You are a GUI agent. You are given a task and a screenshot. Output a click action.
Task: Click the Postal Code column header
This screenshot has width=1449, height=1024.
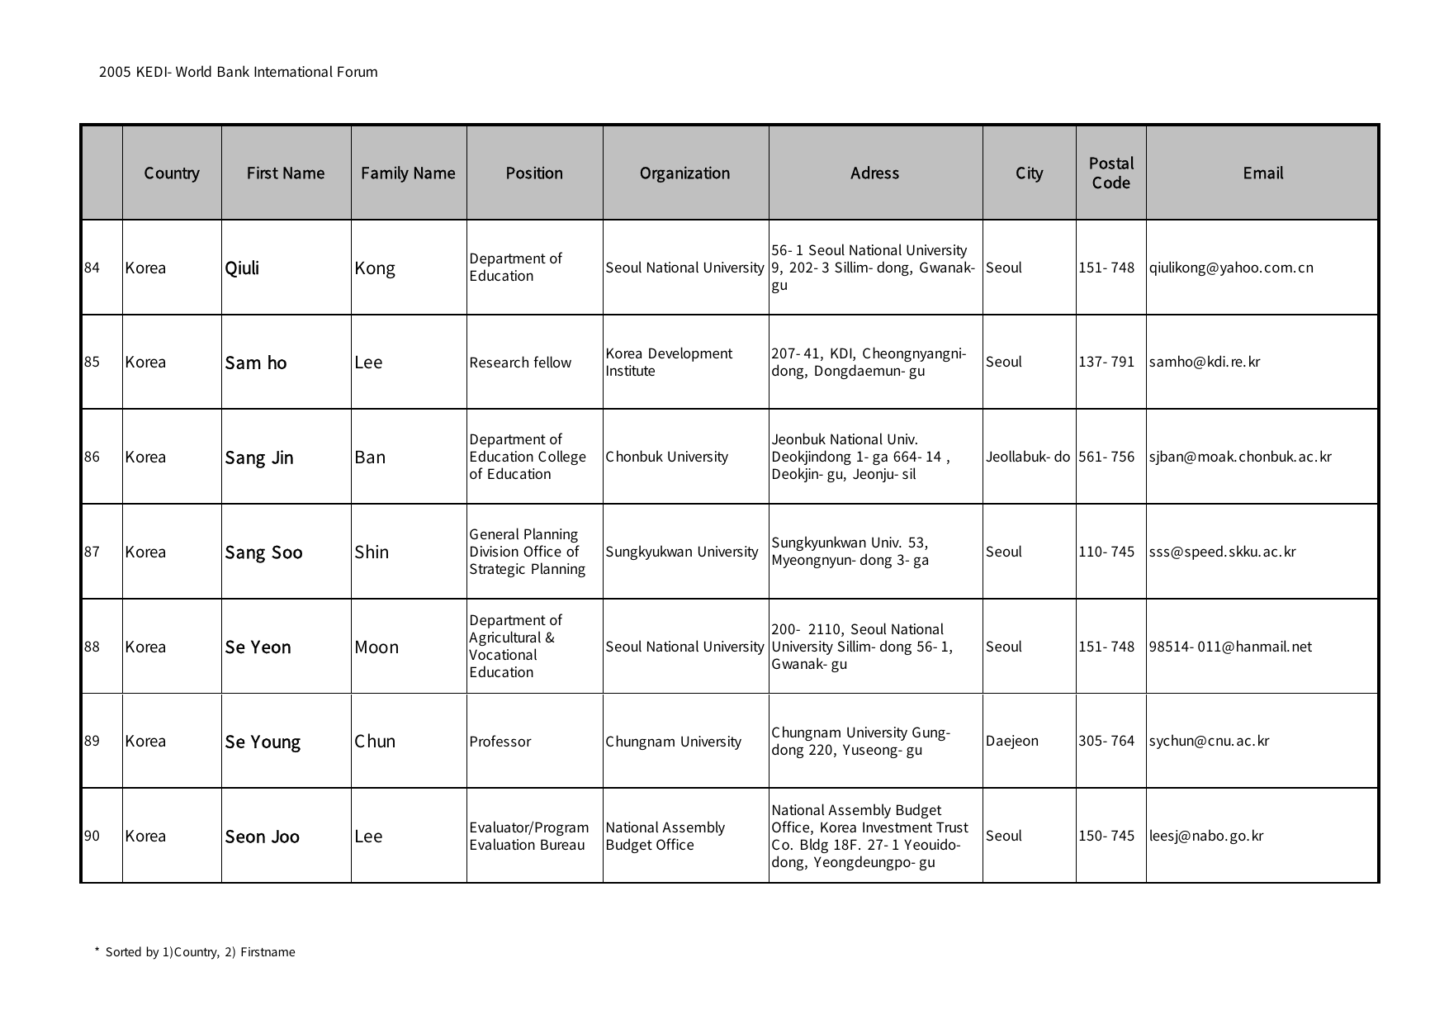1110,173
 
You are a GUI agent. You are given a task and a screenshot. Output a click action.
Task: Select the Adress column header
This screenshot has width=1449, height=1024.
874,173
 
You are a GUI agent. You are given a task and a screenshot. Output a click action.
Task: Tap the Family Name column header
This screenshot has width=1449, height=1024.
408,173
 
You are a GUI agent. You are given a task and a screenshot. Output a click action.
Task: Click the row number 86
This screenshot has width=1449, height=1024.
92,457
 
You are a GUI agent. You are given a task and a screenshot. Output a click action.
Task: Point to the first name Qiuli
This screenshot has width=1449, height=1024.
242,268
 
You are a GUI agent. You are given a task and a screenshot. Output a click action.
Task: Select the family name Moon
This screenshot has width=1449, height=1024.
376,647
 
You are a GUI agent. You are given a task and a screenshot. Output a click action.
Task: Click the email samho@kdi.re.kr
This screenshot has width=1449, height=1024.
1205,362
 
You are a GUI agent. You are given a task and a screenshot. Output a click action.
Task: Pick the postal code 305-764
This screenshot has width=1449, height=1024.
1106,741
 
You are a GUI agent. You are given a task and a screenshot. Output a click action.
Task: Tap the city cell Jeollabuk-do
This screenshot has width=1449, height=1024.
1028,457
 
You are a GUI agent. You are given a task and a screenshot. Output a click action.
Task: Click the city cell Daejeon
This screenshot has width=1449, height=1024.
1012,741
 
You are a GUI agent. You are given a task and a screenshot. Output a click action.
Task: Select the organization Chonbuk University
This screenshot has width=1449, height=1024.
667,457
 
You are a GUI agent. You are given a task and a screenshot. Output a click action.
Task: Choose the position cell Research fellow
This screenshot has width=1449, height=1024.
520,363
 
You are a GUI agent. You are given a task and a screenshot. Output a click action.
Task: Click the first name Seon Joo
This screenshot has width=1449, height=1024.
263,837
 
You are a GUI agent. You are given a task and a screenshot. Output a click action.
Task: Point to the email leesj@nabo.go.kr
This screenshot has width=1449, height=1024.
1206,836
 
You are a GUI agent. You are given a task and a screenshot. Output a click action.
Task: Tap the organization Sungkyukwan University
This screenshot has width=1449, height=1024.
682,552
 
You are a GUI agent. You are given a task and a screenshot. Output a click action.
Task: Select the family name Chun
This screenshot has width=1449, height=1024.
375,742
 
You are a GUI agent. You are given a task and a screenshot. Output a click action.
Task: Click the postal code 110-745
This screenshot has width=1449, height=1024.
1106,552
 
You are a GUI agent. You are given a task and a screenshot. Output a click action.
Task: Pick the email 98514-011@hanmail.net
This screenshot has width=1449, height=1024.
1230,647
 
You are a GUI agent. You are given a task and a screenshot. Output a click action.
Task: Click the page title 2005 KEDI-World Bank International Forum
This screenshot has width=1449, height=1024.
239,72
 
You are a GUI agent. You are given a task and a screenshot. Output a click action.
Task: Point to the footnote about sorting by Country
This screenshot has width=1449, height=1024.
196,952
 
